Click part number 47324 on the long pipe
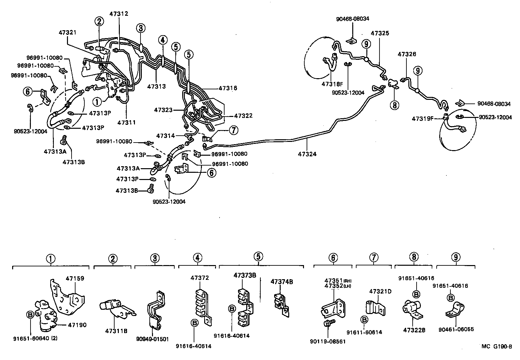[x=307, y=153]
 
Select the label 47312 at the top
[x=119, y=14]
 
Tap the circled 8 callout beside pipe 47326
[x=394, y=105]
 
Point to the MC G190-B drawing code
[x=496, y=347]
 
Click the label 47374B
[x=282, y=281]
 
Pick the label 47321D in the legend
[x=380, y=291]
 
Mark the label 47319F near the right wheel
[x=422, y=119]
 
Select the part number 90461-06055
[x=456, y=329]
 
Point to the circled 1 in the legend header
[x=51, y=259]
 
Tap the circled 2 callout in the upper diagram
[x=99, y=22]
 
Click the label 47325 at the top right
[x=380, y=33]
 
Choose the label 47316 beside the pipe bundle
[x=227, y=88]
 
